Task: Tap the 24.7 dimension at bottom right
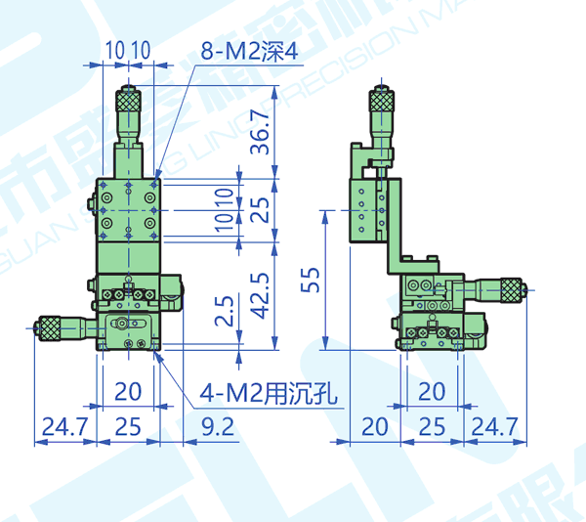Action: (x=494, y=426)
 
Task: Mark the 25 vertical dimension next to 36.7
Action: (x=260, y=208)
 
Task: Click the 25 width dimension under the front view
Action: (x=128, y=426)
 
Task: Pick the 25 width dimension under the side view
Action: (x=431, y=426)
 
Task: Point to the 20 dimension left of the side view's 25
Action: (x=374, y=426)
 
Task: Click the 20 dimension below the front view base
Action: (x=128, y=392)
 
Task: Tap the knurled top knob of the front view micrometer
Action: (x=128, y=99)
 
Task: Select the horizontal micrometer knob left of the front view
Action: (x=47, y=327)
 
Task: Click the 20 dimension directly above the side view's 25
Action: (x=431, y=392)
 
